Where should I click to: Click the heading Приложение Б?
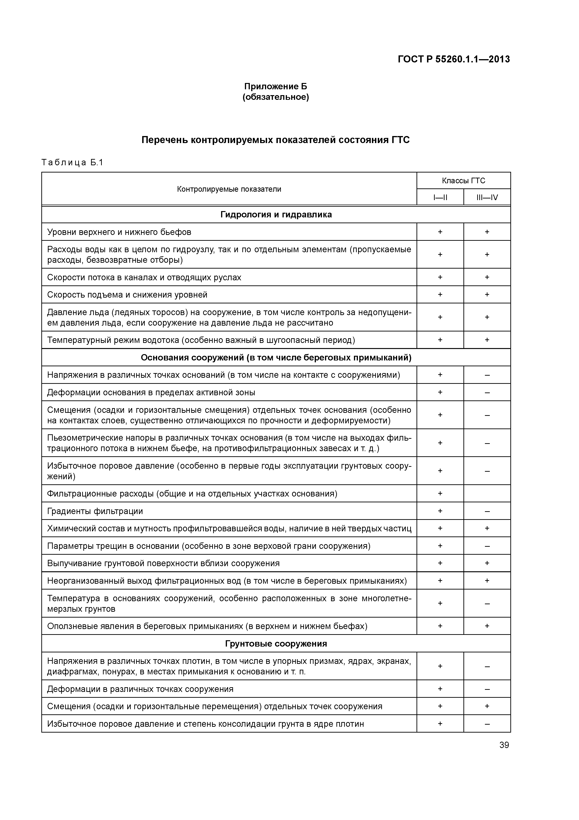pos(275,86)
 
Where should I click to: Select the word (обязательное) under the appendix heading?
pos(275,97)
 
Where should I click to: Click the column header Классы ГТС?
pos(463,181)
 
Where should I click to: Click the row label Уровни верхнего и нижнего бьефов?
pos(119,232)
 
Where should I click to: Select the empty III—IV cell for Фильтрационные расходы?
pos(487,494)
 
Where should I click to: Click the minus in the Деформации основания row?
pos(487,392)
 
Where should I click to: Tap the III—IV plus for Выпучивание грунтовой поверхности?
pos(487,563)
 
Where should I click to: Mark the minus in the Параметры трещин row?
pos(487,546)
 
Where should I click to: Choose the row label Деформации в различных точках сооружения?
pos(140,689)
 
